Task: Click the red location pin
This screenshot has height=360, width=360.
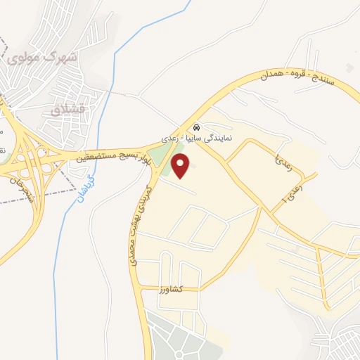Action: click(x=181, y=166)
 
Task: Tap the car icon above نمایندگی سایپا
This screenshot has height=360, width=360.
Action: click(x=196, y=127)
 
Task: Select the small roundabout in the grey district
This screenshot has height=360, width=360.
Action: click(x=184, y=347)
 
